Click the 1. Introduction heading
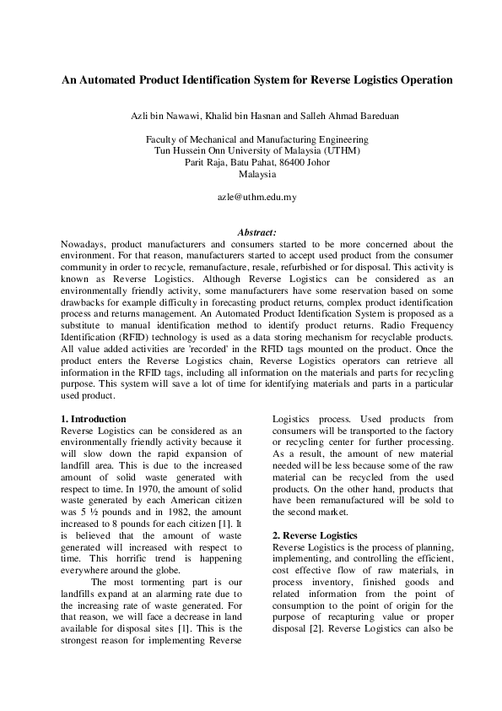94,419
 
